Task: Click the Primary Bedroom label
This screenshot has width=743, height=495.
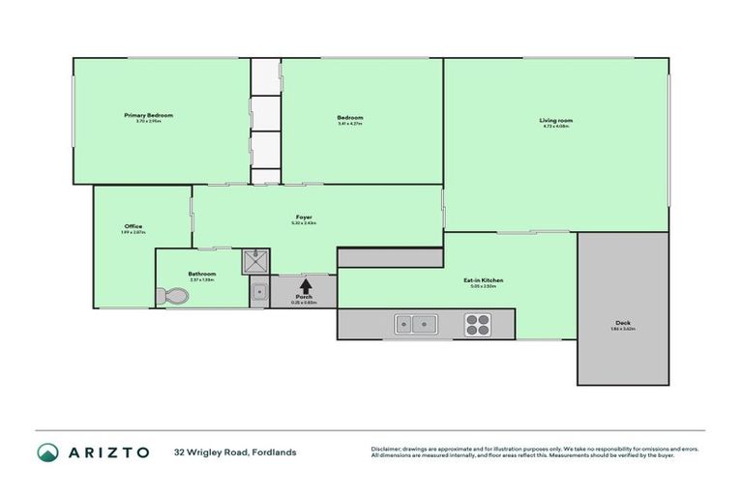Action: [x=155, y=115]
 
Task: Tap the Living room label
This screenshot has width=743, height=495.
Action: [x=556, y=120]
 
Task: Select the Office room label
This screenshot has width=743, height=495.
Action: [x=133, y=226]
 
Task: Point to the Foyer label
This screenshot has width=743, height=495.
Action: [x=304, y=217]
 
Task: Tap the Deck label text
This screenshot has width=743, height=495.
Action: [x=622, y=323]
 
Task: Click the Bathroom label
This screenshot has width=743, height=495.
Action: [x=201, y=274]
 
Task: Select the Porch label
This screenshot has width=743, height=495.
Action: [x=304, y=298]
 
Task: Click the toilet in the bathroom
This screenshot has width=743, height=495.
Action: [x=175, y=297]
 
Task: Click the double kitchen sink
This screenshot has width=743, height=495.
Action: [x=416, y=324]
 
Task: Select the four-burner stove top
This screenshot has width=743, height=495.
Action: [x=478, y=324]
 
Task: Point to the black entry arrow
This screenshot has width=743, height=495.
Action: [x=305, y=285]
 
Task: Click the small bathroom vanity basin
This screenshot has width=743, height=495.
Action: [x=258, y=291]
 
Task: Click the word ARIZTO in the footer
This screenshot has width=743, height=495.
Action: [x=107, y=451]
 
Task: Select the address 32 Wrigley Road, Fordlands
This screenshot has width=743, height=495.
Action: [x=235, y=451]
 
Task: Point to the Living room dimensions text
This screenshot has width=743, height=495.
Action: [x=556, y=128]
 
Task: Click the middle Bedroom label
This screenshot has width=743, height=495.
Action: [x=350, y=117]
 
